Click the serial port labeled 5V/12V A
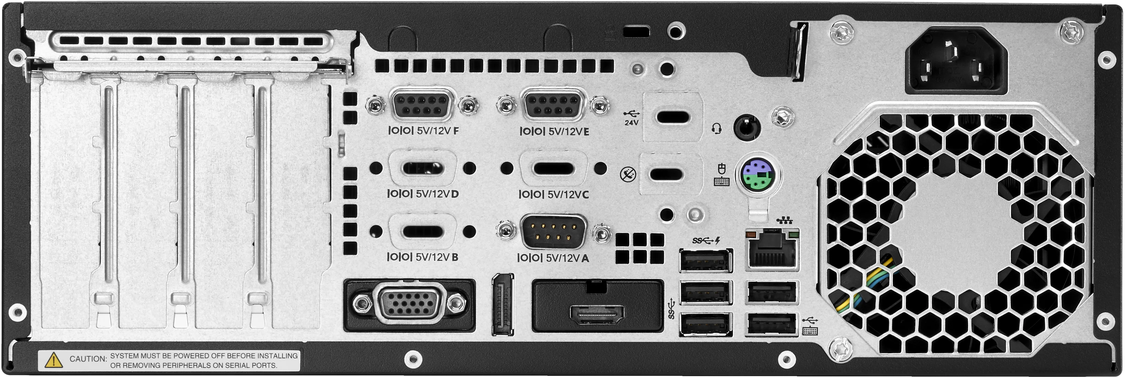(x=554, y=232)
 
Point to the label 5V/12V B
(x=422, y=257)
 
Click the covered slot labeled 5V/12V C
(x=554, y=168)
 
